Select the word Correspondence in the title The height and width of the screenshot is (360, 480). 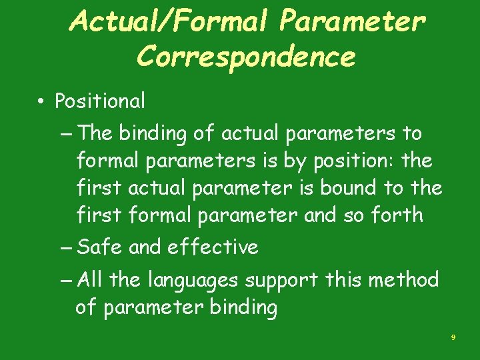coord(245,58)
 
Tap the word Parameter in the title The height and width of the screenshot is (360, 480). coord(353,23)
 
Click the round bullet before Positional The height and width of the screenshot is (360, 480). coord(41,102)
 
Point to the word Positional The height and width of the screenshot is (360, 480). coord(100,101)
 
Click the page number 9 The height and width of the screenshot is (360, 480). coord(453,338)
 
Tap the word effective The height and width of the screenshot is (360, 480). coord(213,247)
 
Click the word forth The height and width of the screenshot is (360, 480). coord(399,215)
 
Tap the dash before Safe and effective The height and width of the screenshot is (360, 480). coord(66,248)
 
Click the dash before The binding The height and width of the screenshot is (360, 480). coord(66,134)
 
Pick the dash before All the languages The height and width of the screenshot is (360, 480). coord(66,281)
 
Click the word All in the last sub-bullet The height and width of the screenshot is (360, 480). coord(91,280)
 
